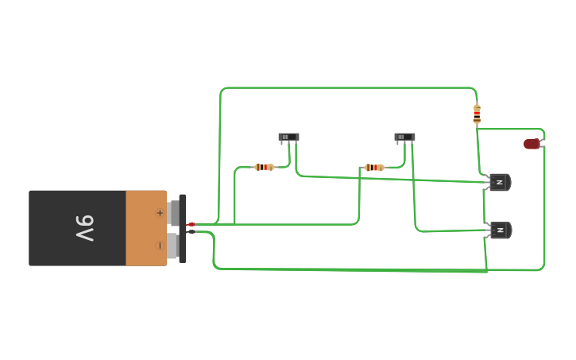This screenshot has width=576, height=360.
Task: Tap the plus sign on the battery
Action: pos(160,212)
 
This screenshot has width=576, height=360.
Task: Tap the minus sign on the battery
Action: pos(160,246)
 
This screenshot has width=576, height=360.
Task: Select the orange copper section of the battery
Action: pos(145,228)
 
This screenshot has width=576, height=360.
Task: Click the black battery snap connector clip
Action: pos(183,228)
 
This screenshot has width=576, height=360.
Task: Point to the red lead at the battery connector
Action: pos(191,225)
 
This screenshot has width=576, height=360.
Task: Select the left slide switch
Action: pos(288,137)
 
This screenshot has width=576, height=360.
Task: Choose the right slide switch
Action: pos(404,137)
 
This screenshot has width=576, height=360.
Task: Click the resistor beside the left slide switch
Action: pos(264,167)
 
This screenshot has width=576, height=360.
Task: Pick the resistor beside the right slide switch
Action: pos(373,167)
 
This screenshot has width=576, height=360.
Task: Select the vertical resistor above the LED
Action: pos(477,114)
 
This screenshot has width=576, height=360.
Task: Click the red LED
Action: pos(532,144)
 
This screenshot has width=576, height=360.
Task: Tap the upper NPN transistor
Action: pos(499,183)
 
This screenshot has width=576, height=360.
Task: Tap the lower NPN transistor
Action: pos(500,230)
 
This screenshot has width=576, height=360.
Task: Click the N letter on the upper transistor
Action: pos(499,183)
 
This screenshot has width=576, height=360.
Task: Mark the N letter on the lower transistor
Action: pos(499,230)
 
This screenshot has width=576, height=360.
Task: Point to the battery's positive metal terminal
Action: pos(172,213)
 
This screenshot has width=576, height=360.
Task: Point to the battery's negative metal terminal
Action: pos(172,246)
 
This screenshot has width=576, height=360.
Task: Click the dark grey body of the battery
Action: pos(56,228)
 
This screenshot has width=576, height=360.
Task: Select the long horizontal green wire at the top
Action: pos(350,87)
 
